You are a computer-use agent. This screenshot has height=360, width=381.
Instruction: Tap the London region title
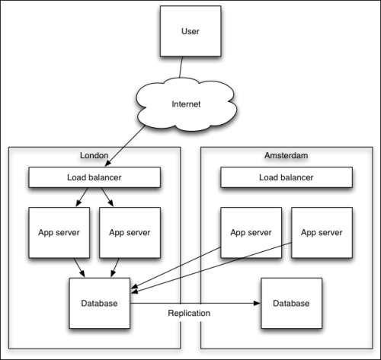tap(94, 155)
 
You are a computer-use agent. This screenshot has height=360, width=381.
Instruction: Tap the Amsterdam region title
tap(286, 155)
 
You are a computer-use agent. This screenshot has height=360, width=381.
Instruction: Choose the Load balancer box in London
tap(94, 178)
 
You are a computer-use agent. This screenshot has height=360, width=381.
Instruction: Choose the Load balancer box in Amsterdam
tap(286, 178)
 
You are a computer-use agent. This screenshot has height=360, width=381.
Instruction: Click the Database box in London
tap(99, 304)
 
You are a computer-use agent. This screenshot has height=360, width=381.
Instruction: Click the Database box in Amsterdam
tap(290, 304)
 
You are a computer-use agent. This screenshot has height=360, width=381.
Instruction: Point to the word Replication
tap(190, 313)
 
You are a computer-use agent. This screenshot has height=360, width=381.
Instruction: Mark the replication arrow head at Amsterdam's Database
tap(257, 304)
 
